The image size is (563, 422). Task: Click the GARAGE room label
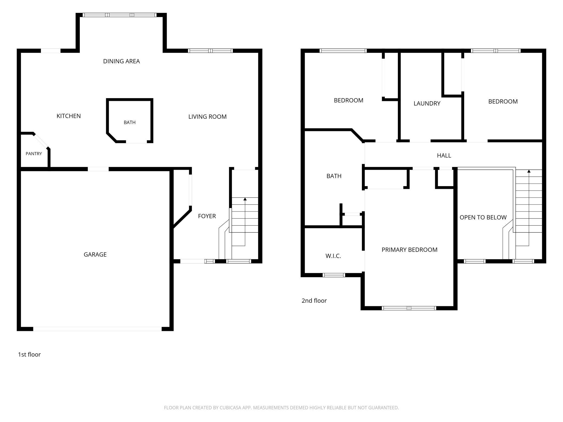[95, 254]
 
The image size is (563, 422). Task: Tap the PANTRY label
[34, 154]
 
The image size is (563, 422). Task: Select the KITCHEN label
[68, 116]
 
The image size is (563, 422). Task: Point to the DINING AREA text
[122, 61]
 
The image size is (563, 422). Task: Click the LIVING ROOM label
[207, 117]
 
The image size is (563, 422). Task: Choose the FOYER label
[207, 216]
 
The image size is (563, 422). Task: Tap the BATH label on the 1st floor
[130, 123]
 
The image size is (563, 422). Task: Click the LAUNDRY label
[427, 103]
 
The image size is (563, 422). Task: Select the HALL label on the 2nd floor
[444, 156]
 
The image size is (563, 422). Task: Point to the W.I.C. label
[333, 256]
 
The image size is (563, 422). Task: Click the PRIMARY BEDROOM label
[410, 250]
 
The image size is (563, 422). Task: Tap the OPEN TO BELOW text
[483, 217]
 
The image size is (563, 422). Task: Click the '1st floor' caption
[29, 354]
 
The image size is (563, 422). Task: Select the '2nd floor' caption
[314, 301]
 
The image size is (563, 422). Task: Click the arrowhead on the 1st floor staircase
[245, 199]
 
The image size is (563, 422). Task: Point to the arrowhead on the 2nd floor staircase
[529, 171]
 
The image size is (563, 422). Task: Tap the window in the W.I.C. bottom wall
[334, 275]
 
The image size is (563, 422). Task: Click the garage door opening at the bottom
[97, 329]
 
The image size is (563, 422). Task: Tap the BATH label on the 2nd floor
[334, 176]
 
